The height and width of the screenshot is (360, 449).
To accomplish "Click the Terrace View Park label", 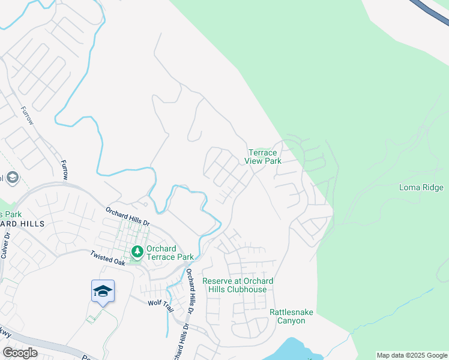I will point(263,157).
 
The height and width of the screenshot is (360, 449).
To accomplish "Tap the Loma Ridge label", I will point(421,188).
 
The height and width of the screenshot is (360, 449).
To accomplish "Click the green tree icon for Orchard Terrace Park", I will point(137,250).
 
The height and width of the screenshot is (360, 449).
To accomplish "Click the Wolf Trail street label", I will point(160,303).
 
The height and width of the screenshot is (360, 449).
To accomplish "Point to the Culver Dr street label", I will point(7,245).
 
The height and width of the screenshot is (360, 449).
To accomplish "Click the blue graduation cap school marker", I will point(103,291).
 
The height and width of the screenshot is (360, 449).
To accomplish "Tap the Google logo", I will point(19,353).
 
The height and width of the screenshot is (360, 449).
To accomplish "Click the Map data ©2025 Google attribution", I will point(411,355).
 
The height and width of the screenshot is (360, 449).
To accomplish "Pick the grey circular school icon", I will point(12,178).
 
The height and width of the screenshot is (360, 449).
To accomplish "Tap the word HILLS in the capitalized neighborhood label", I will point(30,223).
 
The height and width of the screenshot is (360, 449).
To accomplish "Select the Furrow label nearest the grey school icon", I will point(64,170).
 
